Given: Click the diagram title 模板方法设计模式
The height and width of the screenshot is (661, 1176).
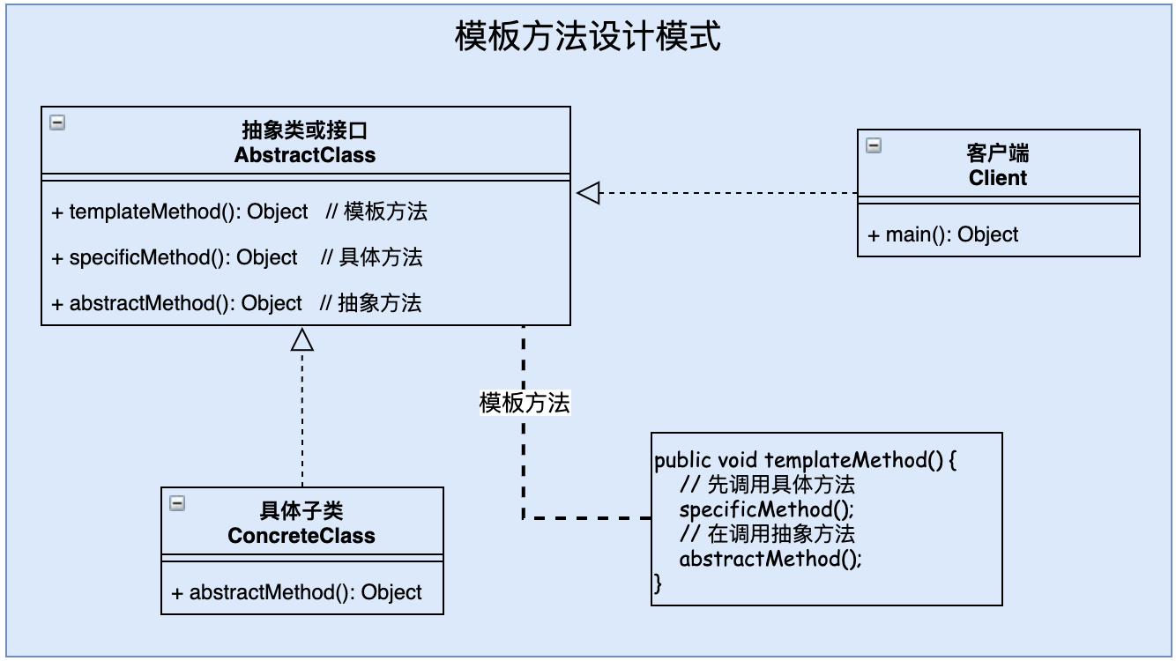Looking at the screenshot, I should pos(587,38).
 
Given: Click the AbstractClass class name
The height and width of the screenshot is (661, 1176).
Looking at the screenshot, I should pos(305,155).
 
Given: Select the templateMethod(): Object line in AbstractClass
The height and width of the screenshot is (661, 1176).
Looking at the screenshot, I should pos(189,212).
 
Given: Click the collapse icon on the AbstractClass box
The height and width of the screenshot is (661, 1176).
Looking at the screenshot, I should pos(57,123).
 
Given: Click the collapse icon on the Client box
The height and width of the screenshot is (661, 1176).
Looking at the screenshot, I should pos(874,145).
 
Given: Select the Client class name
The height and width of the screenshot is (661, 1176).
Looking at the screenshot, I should pos(998,178).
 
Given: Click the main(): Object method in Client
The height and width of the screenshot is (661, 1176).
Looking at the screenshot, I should pos(943,234).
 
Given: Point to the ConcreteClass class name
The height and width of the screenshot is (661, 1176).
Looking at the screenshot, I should pos(301,536).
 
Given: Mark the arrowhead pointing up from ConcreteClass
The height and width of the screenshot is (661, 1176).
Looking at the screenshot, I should pos(302,339).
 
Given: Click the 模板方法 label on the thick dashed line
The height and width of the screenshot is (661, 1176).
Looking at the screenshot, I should pos(525,403).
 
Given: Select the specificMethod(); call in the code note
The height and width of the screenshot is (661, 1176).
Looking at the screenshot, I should pos(767,509).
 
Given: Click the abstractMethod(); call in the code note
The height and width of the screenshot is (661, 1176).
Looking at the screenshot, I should pos(770,559).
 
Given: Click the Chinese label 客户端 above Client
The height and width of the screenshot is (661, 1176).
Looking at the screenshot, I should pos(998,154).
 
